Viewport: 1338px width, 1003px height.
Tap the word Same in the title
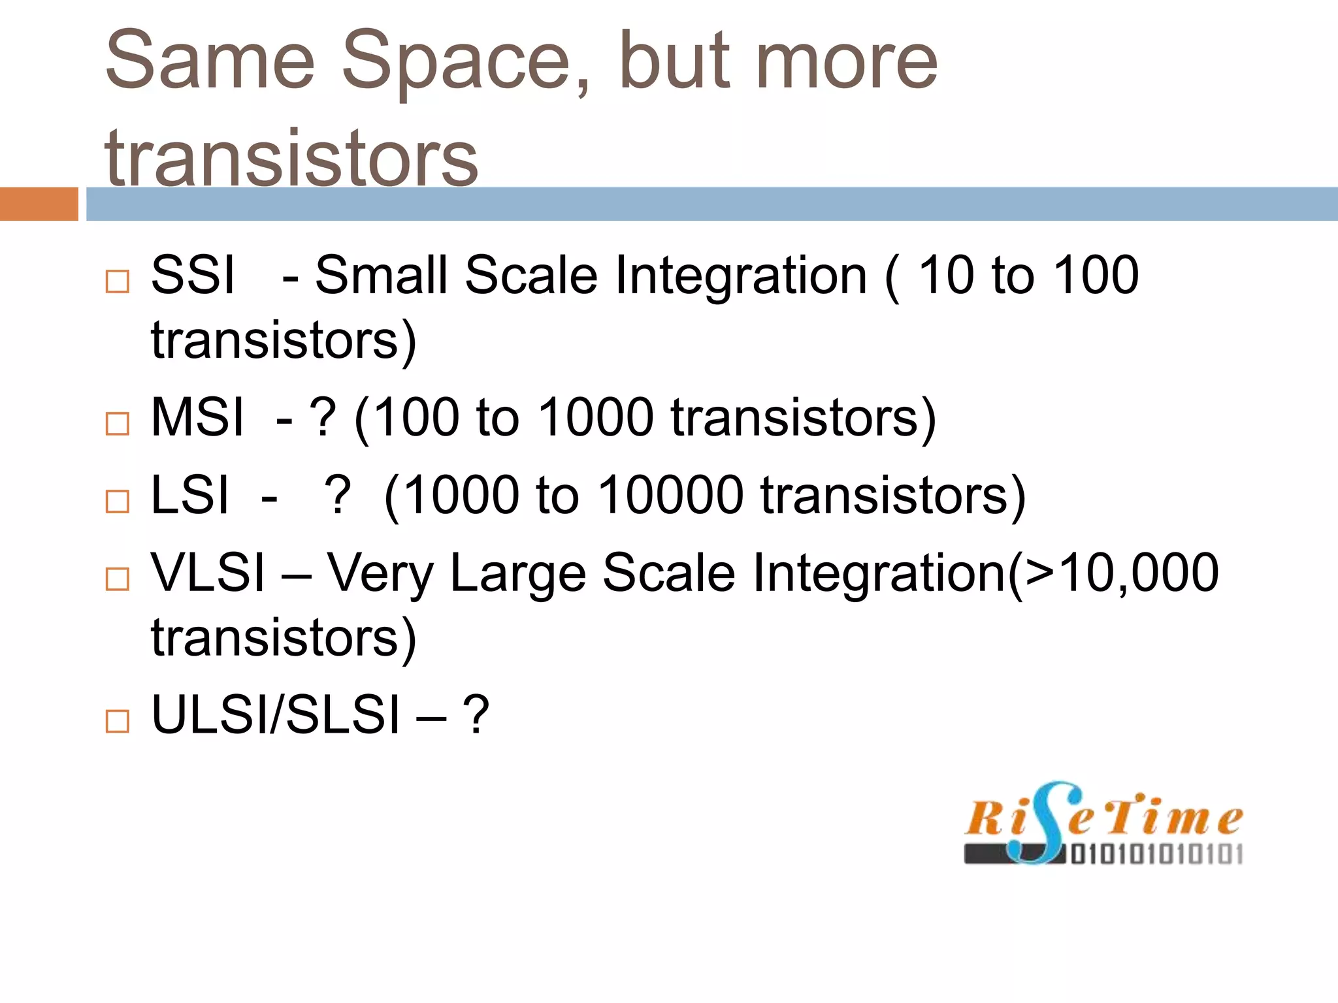(210, 62)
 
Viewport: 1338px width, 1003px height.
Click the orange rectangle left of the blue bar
(39, 204)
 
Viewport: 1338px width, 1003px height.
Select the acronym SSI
(193, 276)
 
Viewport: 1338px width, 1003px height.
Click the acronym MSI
(197, 418)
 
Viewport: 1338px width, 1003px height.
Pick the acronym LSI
(190, 495)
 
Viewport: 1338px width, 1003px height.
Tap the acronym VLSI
(208, 573)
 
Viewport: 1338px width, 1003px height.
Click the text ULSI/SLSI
(275, 715)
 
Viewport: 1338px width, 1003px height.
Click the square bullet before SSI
(118, 282)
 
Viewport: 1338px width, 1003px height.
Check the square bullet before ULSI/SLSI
(118, 722)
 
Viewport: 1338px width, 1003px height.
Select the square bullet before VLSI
(118, 579)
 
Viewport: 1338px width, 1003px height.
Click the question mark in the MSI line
(323, 418)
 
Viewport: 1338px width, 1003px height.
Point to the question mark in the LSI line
(338, 495)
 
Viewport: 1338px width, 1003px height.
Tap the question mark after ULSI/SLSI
(476, 715)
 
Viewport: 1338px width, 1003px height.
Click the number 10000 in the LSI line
(671, 495)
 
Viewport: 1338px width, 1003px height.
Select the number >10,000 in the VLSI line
(1121, 573)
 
